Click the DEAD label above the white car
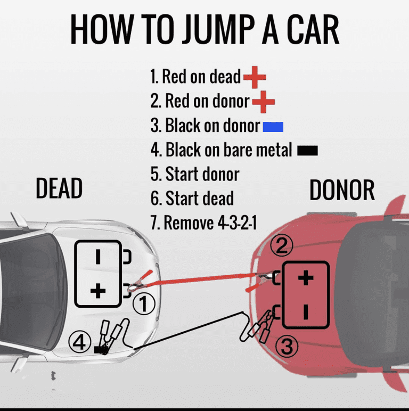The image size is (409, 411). (59, 188)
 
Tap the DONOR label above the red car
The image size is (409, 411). (342, 190)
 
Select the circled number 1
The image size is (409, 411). (143, 305)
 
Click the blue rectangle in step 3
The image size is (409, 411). (273, 127)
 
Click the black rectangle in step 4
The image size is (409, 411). (307, 151)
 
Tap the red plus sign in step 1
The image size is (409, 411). (255, 78)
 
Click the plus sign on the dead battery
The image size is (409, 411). (98, 291)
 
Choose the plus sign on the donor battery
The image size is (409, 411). (305, 278)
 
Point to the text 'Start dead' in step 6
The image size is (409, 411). (199, 199)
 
